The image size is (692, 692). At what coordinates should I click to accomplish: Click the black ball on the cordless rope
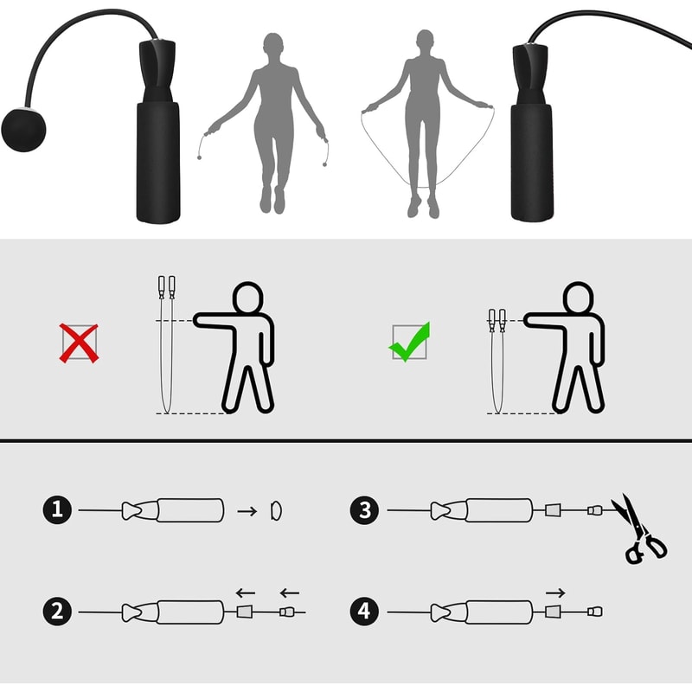(23, 130)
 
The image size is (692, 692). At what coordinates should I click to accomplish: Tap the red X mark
(79, 343)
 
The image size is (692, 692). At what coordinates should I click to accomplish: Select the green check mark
(409, 342)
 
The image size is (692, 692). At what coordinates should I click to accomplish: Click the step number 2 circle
(57, 612)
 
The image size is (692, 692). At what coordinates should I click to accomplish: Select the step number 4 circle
(365, 612)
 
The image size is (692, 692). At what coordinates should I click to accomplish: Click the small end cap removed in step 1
(276, 510)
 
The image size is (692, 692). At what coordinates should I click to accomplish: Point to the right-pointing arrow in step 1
(247, 511)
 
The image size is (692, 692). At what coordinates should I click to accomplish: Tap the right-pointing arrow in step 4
(555, 593)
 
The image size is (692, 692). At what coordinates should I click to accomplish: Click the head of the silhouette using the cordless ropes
(273, 43)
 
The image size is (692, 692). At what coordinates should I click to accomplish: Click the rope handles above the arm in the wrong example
(166, 286)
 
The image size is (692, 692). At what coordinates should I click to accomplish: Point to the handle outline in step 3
(499, 510)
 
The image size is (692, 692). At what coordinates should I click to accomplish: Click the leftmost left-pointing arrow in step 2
(246, 593)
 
